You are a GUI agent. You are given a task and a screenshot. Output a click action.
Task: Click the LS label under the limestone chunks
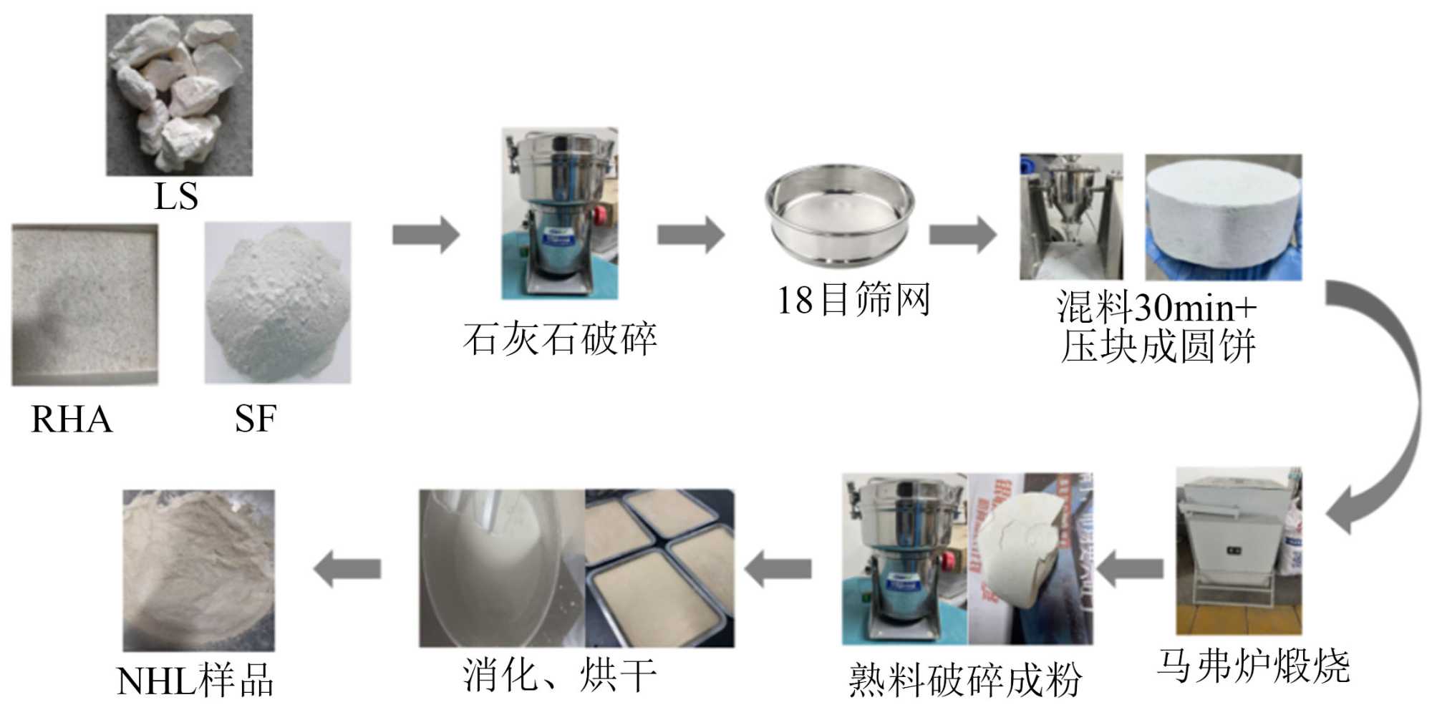176,196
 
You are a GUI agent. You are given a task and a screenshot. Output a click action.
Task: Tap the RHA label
72,419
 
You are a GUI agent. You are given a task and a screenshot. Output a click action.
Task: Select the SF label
256,419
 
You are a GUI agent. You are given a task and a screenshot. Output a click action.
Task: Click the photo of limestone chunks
179,94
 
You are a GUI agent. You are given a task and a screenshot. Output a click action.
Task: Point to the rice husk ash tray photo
84,305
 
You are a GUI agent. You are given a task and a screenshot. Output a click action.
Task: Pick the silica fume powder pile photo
278,303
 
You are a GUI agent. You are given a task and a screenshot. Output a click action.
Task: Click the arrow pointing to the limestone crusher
426,234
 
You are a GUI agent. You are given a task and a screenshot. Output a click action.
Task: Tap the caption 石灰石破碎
560,339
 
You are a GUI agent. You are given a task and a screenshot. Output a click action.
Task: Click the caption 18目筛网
853,300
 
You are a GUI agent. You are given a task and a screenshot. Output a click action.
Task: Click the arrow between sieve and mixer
963,234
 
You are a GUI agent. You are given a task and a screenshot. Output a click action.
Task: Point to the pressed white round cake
1224,217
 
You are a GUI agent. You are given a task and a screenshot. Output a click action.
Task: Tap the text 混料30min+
1157,308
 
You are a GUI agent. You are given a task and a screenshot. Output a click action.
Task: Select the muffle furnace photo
1239,550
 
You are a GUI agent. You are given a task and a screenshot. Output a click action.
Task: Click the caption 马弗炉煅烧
1253,666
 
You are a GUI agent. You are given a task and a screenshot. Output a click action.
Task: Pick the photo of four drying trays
659,568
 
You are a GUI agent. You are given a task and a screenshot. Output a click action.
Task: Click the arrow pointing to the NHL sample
347,569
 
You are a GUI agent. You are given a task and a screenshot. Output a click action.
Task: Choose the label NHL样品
195,681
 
